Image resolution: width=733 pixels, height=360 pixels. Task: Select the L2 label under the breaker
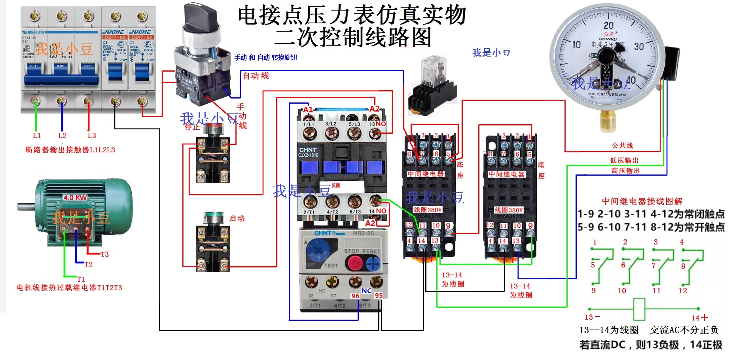[62, 135]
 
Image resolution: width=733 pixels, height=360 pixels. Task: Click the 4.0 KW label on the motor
[75, 197]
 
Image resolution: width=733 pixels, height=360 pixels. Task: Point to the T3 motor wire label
[104, 254]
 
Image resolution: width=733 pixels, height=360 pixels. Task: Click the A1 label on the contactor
[308, 110]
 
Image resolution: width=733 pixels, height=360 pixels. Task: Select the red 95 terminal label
[379, 296]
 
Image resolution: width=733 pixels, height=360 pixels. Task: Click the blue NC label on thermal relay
[366, 291]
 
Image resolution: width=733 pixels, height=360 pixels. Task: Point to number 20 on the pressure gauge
[608, 25]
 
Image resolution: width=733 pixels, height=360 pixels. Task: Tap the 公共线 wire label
[622, 146]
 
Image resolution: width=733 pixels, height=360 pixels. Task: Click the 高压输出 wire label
[625, 171]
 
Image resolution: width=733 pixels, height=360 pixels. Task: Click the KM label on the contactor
[335, 186]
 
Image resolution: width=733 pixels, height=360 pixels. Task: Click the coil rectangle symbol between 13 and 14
[639, 309]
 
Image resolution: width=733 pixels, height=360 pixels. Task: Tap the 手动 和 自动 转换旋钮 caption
[265, 57]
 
